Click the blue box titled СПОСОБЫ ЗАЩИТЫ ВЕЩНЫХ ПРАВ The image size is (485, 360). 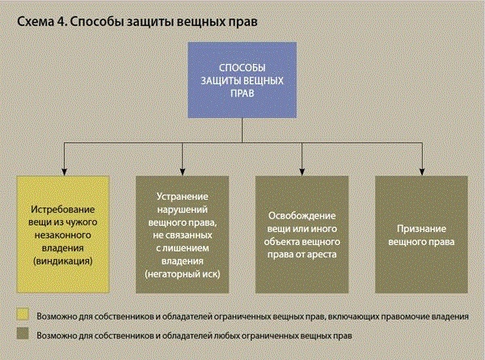[x=242, y=80]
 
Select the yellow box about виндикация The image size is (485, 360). [x=63, y=235]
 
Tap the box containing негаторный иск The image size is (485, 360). [x=182, y=235]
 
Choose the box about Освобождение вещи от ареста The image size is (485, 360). [x=302, y=235]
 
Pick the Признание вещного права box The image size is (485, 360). [x=421, y=235]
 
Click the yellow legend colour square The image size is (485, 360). [x=23, y=314]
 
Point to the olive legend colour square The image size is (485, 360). [x=23, y=333]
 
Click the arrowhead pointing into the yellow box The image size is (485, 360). [x=65, y=172]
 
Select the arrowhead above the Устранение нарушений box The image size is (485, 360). [x=183, y=172]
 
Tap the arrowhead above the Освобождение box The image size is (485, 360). [x=302, y=172]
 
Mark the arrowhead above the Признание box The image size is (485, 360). [x=422, y=172]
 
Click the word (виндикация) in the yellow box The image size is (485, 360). [x=63, y=261]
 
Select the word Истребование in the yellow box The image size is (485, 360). [x=63, y=210]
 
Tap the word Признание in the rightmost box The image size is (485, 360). [x=421, y=229]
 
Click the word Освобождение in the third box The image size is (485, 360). [x=302, y=216]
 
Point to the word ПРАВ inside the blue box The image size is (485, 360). [x=242, y=93]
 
